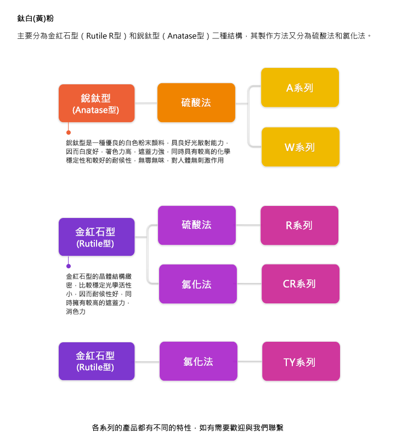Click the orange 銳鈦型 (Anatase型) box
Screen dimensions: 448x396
tap(96, 103)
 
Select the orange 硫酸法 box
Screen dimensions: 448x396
tap(196, 102)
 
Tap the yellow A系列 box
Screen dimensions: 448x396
tap(299, 88)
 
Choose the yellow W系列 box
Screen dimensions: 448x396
tap(299, 147)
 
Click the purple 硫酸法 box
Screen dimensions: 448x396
tap(196, 225)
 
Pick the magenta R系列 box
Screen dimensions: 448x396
tap(299, 225)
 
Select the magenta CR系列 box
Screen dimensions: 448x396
tap(299, 284)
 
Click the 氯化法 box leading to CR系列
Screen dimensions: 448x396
tap(198, 284)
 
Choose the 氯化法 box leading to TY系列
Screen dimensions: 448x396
tap(198, 361)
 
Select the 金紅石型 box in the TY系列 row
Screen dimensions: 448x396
tap(95, 361)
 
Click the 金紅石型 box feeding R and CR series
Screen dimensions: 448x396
tap(95, 237)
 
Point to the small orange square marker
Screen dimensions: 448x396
tap(68, 132)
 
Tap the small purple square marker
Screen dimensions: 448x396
tap(68, 266)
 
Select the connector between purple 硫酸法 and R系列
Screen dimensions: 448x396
tap(248, 225)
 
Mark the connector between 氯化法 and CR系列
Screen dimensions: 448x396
tap(250, 284)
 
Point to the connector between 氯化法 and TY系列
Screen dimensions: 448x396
tap(250, 361)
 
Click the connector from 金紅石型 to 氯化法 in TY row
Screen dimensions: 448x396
tap(147, 361)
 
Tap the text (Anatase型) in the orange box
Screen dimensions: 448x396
tap(96, 110)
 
